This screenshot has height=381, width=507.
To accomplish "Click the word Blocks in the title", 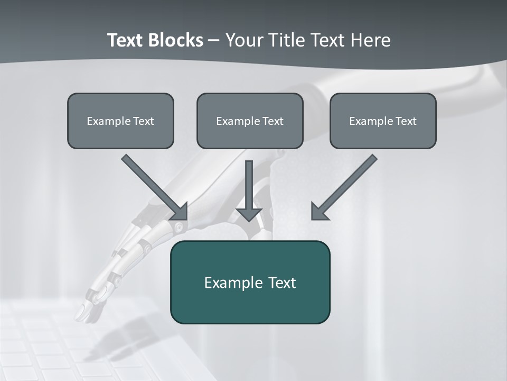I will pos(175,40).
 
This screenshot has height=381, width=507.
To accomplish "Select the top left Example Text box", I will pos(120,121).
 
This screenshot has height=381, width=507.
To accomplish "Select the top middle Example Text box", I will pos(250,121).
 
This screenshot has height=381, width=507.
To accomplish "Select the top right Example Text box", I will pos(383,121).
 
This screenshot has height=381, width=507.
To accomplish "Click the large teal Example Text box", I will pos(250,282).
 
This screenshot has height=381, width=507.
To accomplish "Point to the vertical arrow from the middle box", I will pos(249,185).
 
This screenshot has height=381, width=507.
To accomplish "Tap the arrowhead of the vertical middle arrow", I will pos(249,214).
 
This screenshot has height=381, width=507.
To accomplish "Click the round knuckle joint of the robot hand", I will pos(180,228).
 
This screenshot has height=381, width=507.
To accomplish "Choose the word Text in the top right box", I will pos(406,121).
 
